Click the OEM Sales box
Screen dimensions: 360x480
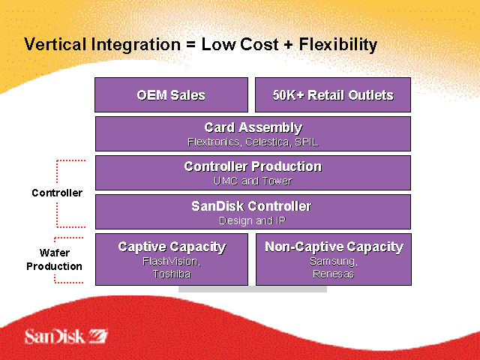[171, 95]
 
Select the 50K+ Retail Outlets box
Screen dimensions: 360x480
[333, 95]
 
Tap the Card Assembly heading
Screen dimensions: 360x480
[253, 127]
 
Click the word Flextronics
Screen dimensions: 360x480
[212, 141]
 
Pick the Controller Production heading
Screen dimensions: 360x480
[253, 166]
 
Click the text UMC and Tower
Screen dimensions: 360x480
[253, 181]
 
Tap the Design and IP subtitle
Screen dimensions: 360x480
[253, 220]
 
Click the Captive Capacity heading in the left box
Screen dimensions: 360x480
[172, 247]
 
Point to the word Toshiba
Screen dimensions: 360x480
[172, 274]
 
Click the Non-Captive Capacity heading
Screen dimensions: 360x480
[334, 247]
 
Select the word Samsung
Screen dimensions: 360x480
[332, 261]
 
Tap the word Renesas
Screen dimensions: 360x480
[334, 274]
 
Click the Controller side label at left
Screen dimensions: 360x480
[57, 193]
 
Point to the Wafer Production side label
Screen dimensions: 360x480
[55, 259]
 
